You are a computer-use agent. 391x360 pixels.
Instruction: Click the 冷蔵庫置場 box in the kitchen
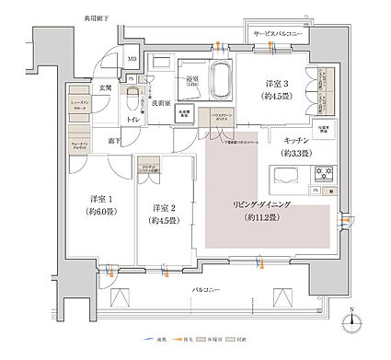[x=324, y=129]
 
